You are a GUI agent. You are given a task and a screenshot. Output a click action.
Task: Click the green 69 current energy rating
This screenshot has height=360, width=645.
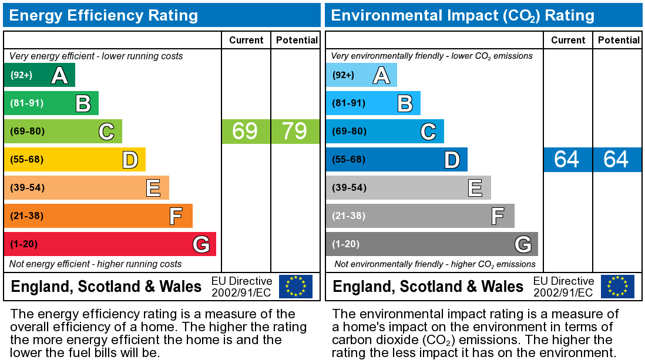(245, 131)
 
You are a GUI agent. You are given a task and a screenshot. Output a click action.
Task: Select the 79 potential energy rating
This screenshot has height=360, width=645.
(295, 131)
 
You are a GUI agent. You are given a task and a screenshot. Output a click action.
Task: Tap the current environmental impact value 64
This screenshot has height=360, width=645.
(567, 159)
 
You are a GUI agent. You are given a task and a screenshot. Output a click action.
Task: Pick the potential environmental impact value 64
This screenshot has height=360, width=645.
(616, 159)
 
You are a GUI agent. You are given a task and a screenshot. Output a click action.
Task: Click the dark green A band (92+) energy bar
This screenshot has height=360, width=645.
(39, 75)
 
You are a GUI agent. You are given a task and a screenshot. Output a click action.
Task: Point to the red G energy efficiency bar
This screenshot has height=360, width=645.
(110, 244)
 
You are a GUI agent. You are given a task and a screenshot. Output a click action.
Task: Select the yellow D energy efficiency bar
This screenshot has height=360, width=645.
(75, 159)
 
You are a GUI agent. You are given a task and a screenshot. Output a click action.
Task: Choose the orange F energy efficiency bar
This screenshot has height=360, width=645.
(98, 216)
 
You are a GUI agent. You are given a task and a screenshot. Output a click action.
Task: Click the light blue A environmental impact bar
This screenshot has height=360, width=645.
(361, 75)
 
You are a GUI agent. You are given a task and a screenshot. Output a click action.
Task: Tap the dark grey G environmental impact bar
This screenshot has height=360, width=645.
(432, 244)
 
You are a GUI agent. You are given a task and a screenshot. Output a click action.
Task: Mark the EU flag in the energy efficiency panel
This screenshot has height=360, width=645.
(295, 287)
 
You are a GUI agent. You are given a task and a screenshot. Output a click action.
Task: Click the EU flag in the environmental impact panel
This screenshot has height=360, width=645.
(617, 287)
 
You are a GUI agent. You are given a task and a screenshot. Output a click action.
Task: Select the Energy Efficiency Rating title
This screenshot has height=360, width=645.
(103, 15)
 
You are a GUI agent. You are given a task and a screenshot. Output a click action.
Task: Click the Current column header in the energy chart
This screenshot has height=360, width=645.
(246, 40)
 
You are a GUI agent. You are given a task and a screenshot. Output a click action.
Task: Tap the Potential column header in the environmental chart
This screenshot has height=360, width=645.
(619, 40)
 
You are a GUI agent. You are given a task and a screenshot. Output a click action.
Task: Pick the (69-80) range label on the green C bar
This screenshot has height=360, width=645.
(27, 131)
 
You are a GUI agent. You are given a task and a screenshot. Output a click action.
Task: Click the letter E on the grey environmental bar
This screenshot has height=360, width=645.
(475, 188)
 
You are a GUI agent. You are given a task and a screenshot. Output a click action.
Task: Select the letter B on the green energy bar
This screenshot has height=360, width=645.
(83, 103)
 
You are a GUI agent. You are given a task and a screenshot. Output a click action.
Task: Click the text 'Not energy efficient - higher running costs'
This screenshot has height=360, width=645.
(96, 264)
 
